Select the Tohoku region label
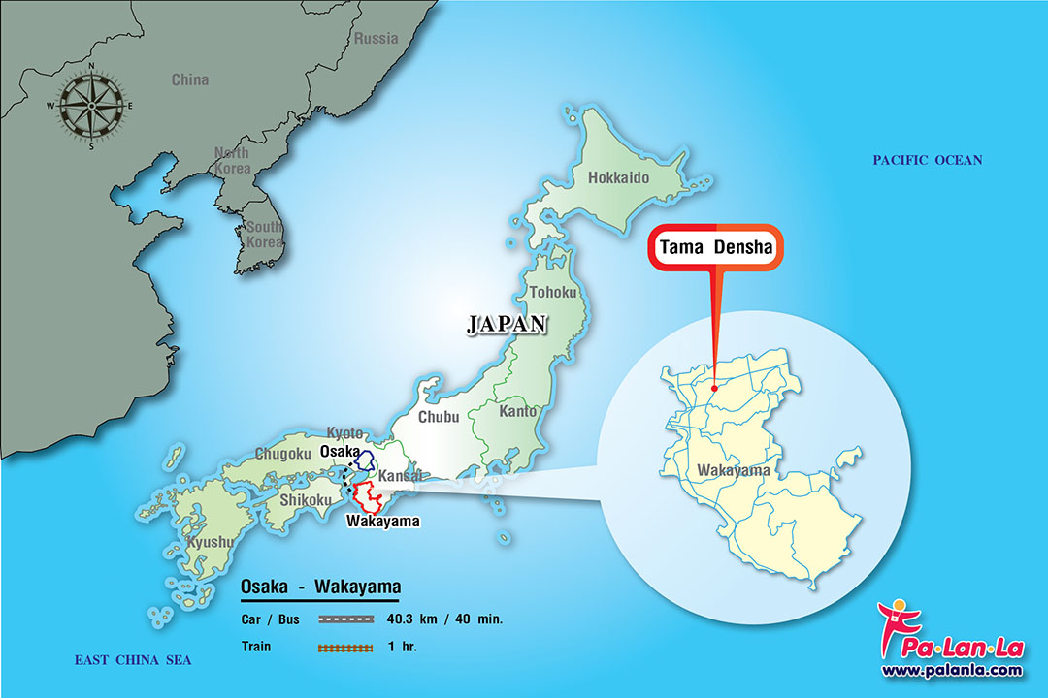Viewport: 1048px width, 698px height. click(x=553, y=292)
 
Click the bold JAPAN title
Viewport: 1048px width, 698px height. click(x=507, y=325)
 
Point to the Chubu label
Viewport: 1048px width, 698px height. click(x=439, y=418)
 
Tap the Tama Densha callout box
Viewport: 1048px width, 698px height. click(x=716, y=248)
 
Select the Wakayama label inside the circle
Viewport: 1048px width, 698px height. click(x=734, y=472)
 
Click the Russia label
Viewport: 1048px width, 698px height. click(x=376, y=39)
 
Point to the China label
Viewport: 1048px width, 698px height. click(x=190, y=79)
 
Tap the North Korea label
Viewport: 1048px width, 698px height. click(x=232, y=161)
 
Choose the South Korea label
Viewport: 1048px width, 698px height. click(x=263, y=234)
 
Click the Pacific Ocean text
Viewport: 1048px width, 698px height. click(x=927, y=160)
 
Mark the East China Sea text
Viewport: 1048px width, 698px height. click(x=133, y=660)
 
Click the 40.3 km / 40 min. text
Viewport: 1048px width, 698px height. click(x=443, y=619)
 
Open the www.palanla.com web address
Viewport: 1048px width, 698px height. click(x=952, y=670)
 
